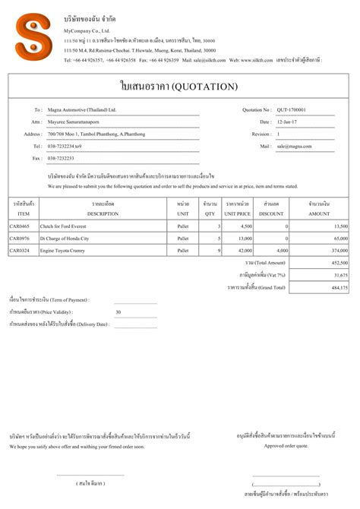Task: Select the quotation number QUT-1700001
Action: [x=292, y=109]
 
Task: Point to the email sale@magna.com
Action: [x=292, y=146]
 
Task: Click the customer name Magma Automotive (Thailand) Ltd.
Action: [x=82, y=109]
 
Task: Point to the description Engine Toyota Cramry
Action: [x=67, y=250]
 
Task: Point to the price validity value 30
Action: [x=118, y=312]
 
